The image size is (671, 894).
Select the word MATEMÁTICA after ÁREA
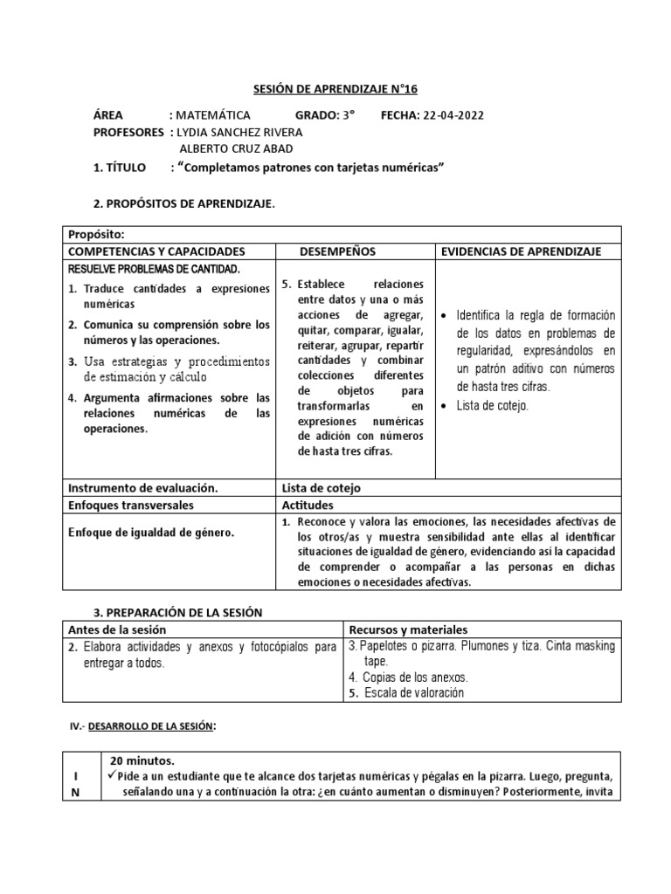click(x=213, y=115)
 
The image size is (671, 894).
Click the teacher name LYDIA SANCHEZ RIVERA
click(x=239, y=132)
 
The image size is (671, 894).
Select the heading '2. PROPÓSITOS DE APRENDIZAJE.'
click(x=183, y=203)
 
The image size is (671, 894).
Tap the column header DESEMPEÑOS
click(x=337, y=251)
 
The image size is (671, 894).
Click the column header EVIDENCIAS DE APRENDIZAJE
click(x=521, y=251)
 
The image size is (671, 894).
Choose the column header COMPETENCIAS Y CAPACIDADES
click(x=156, y=251)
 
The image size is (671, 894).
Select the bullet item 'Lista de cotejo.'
click(x=493, y=405)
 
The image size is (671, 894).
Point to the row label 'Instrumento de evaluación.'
click(x=142, y=488)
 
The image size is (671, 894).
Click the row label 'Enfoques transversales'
click(x=131, y=505)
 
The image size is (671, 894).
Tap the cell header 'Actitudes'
click(x=308, y=505)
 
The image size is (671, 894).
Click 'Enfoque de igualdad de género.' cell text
click(x=150, y=532)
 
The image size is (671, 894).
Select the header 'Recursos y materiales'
click(x=408, y=629)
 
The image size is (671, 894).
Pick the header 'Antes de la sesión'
click(x=117, y=629)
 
